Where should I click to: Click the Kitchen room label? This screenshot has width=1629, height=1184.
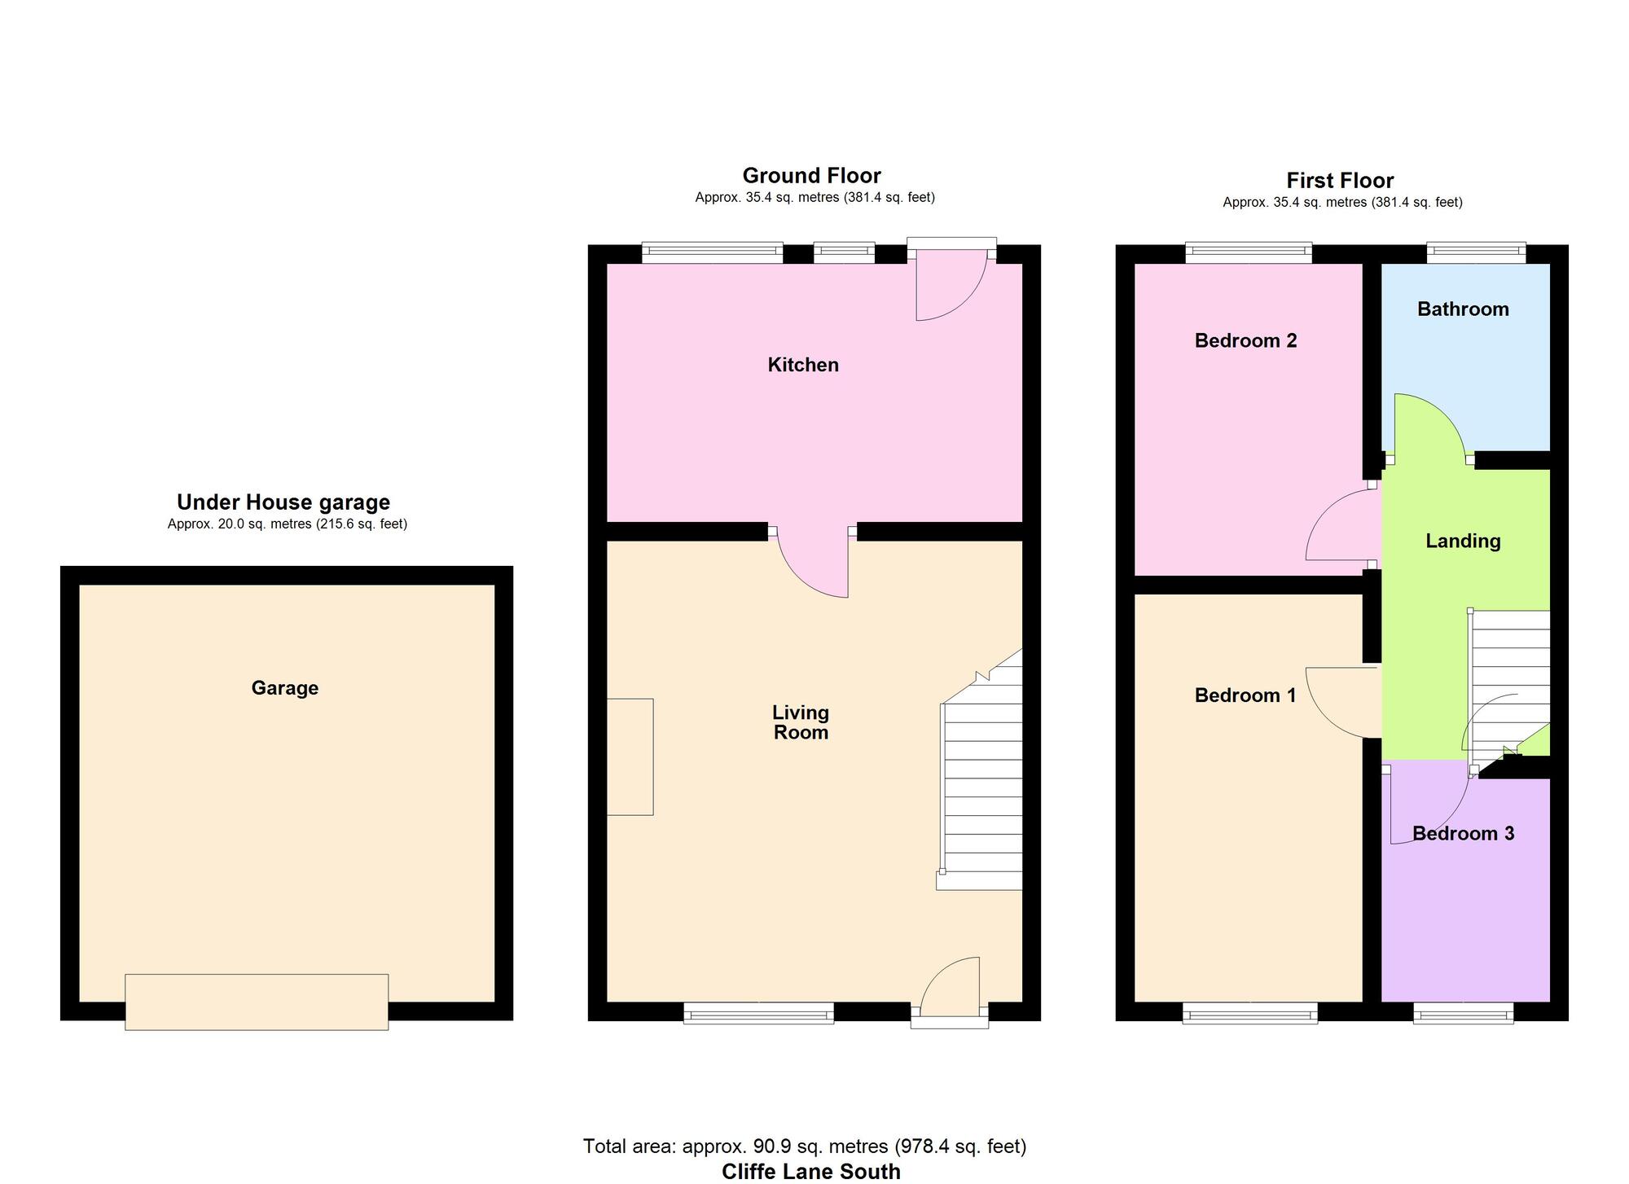[x=803, y=365]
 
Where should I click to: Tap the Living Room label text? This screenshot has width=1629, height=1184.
[x=801, y=722]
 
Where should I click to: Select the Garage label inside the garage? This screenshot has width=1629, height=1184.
[x=284, y=688]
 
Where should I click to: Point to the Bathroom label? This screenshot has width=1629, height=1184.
[x=1463, y=309]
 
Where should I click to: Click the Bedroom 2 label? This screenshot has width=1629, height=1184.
[x=1245, y=340]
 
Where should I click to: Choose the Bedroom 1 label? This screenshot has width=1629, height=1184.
[x=1245, y=695]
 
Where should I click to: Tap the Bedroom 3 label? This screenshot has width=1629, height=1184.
[x=1463, y=834]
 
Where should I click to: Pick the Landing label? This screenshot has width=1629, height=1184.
[x=1463, y=541]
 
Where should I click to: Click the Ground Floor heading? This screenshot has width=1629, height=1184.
[x=811, y=176]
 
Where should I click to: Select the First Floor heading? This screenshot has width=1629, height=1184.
[x=1340, y=181]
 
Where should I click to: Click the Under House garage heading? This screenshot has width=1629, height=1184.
[x=283, y=502]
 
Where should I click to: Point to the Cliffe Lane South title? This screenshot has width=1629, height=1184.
[x=811, y=1172]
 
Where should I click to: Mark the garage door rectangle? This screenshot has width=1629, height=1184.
[x=257, y=1002]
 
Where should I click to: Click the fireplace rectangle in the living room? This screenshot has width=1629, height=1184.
[x=630, y=756]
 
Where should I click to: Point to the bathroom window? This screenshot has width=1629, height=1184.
[x=1475, y=252]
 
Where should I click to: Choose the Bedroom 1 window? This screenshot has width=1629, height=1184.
[x=1249, y=1014]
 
